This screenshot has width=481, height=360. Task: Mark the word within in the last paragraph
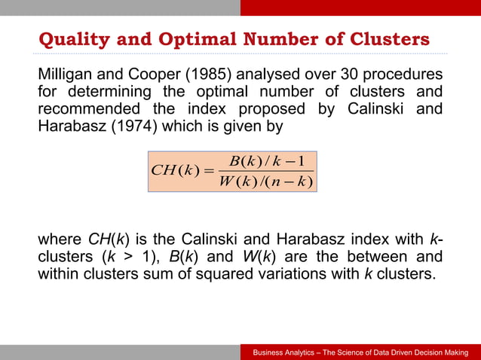[x=59, y=273]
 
